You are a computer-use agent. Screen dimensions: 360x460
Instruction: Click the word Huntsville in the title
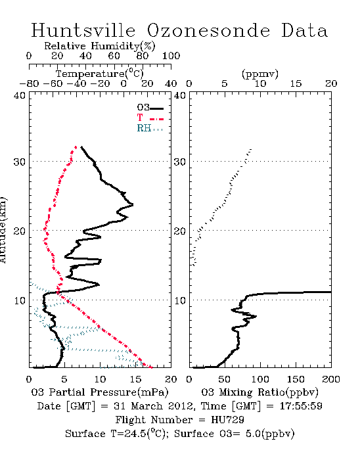pyautogui.click(x=83, y=30)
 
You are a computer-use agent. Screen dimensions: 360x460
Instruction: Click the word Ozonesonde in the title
pyautogui.click(x=208, y=30)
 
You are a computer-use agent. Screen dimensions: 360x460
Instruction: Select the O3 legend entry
pyautogui.click(x=150, y=108)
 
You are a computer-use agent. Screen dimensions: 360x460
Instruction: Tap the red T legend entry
pyautogui.click(x=150, y=118)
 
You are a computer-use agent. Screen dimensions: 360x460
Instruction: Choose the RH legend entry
pyautogui.click(x=150, y=128)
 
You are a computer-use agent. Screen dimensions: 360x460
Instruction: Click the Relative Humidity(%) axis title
pyautogui.click(x=100, y=46)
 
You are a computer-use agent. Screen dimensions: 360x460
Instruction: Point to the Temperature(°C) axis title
pyautogui.click(x=100, y=74)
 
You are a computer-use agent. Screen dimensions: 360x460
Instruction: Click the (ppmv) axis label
pyautogui.click(x=260, y=74)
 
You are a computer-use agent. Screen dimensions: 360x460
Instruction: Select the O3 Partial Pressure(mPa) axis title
pyautogui.click(x=100, y=392)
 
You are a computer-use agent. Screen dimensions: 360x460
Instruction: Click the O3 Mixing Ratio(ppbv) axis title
pyautogui.click(x=259, y=392)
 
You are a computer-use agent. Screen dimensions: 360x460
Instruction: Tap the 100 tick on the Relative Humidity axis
pyautogui.click(x=171, y=55)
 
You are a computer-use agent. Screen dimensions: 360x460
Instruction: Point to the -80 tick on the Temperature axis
pyautogui.click(x=29, y=83)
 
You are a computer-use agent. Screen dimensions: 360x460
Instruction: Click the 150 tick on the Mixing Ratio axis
pyautogui.click(x=296, y=379)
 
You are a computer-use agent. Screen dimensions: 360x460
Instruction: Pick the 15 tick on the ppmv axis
pyautogui.click(x=296, y=83)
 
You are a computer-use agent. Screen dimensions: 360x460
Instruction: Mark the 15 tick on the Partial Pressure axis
pyautogui.click(x=135, y=379)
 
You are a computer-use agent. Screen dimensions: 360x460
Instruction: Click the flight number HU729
pyautogui.click(x=227, y=420)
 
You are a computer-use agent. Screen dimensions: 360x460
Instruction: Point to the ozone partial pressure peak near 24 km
pyautogui.click(x=133, y=204)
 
